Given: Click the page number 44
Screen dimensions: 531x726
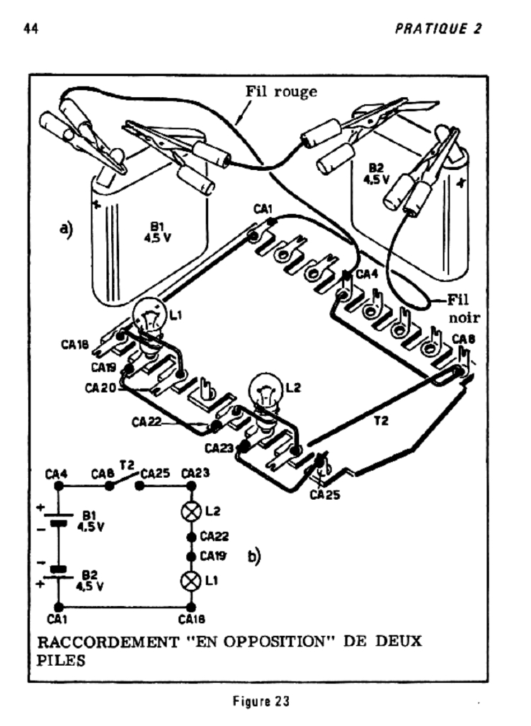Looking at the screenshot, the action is coord(30,28).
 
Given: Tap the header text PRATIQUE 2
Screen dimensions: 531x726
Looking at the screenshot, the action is coord(438,28).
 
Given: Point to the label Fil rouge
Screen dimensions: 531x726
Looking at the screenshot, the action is coord(281,91).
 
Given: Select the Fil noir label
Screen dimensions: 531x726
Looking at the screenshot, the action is coord(463,308).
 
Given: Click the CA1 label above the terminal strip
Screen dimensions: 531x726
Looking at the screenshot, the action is coord(263,209).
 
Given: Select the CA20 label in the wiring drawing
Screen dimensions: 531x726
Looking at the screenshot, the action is coord(101,387).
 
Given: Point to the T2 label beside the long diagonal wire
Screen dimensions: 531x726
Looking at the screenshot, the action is coord(381,420).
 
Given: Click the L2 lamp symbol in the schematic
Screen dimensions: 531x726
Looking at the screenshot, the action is coord(191,512).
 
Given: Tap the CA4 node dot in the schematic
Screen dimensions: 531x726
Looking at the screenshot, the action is coord(58,486).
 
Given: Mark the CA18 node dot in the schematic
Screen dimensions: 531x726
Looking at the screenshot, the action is coord(191,607).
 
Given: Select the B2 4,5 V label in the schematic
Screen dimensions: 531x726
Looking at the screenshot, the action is coord(90,581).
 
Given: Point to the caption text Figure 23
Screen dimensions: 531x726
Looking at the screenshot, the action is coord(261,701).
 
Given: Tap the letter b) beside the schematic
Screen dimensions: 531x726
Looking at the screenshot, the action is coord(254,556).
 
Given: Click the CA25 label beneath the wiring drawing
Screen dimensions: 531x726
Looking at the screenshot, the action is coord(325,495).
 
